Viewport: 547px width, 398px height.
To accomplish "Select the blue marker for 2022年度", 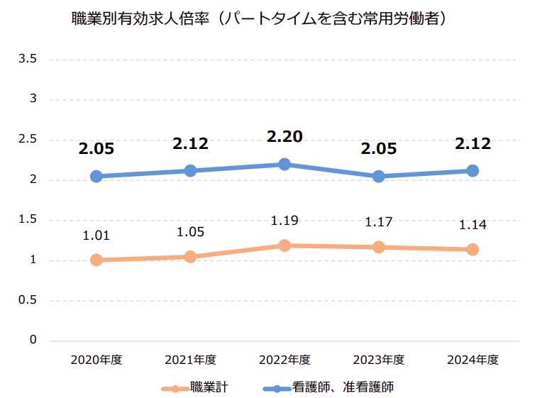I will click(x=284, y=165).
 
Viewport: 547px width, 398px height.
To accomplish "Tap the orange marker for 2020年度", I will click(x=96, y=260).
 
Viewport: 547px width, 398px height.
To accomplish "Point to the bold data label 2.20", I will click(x=284, y=136).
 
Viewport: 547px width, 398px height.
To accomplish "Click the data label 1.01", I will click(x=96, y=236).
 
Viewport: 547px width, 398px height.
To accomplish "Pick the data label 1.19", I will click(x=284, y=221).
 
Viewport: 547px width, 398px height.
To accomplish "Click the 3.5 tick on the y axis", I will click(x=28, y=59).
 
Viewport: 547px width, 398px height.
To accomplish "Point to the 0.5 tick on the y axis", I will click(x=28, y=301).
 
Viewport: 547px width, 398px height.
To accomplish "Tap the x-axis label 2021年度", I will click(x=190, y=360).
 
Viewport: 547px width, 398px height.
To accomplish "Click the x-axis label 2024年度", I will click(x=473, y=360).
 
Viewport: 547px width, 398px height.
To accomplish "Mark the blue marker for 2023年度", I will click(x=379, y=177).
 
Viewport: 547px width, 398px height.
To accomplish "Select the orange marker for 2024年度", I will click(x=473, y=250).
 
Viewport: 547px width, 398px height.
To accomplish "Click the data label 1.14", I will click(x=473, y=225).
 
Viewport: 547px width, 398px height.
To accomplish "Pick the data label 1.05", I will click(x=190, y=232).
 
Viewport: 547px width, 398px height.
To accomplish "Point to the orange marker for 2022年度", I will click(x=284, y=245).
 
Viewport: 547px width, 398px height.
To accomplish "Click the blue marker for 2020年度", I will click(x=96, y=177).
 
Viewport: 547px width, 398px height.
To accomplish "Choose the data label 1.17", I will click(x=379, y=223).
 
